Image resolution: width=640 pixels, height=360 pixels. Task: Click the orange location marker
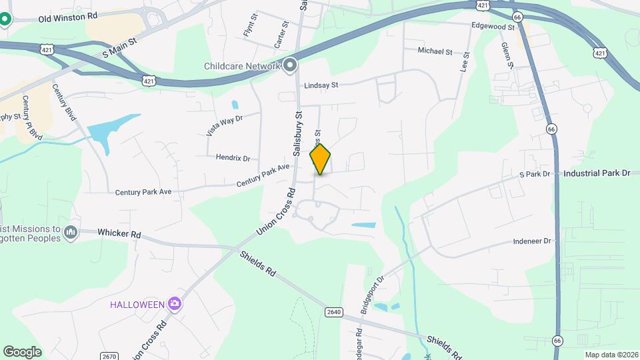(320, 159)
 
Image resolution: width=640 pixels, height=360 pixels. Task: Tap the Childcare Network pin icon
(290, 65)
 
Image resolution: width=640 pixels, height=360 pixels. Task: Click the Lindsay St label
(321, 85)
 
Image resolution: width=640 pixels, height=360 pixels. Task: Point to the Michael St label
(435, 51)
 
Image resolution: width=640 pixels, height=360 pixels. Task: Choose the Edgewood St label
(493, 27)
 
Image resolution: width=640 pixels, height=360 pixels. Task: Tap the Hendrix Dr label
(233, 158)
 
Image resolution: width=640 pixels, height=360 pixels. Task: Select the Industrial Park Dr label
(597, 173)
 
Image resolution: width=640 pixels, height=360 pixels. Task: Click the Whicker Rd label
(119, 234)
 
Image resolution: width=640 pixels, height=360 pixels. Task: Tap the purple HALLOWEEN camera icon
(175, 305)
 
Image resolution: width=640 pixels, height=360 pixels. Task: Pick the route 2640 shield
(335, 312)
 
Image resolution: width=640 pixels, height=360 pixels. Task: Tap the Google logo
(22, 351)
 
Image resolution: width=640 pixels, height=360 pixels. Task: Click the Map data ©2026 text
(611, 355)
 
